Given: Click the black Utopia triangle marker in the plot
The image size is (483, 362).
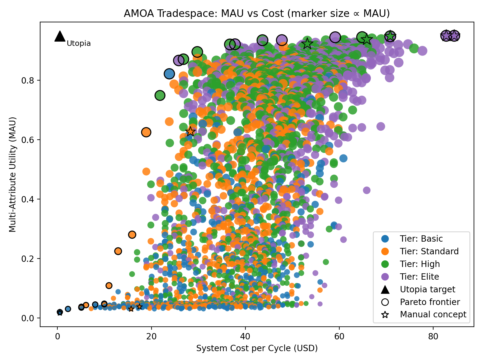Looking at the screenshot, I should pos(60,36).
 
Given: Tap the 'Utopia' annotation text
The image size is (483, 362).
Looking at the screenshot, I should pos(78,43).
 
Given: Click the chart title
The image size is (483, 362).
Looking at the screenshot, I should pos(257,14).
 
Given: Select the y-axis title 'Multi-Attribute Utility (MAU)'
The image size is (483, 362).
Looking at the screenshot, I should pos(12,174).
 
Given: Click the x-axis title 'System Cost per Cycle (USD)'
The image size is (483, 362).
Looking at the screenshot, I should pos(257,348).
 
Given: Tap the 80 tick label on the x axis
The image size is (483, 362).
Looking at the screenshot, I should pos(433,336).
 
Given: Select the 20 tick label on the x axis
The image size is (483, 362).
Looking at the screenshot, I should pos(151,336).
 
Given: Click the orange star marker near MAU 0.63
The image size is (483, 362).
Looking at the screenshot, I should pos(190,131).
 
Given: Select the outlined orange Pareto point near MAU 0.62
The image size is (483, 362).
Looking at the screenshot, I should pos(146,132).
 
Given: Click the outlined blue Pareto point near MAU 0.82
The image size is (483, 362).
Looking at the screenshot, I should pos(169,74).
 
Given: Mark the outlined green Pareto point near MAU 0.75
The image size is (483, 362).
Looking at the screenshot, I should pos(160,96).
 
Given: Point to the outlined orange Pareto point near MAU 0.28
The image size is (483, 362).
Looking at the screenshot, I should pos(132,234).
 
